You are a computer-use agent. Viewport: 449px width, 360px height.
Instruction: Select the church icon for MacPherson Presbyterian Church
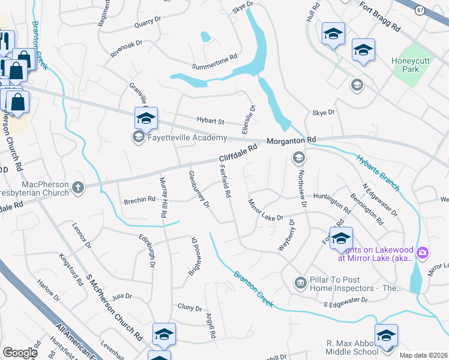pyautogui.click(x=77, y=188)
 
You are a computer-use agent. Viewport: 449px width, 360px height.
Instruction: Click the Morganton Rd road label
pyautogui.click(x=291, y=140)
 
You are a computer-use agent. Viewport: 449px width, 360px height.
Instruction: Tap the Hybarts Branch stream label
pyautogui.click(x=378, y=174)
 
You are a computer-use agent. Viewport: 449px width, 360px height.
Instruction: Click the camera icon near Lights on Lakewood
pyautogui.click(x=422, y=253)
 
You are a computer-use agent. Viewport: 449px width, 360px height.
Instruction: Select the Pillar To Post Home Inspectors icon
pyautogui.click(x=300, y=282)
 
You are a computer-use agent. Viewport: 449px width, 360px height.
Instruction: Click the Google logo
pyautogui.click(x=20, y=353)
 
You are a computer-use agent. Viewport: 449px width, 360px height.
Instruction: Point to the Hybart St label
pyautogui.click(x=210, y=121)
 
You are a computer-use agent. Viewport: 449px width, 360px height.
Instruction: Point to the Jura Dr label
pyautogui.click(x=121, y=296)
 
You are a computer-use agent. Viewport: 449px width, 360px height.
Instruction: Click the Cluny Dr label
pyautogui.click(x=190, y=308)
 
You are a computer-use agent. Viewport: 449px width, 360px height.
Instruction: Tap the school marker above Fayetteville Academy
pyautogui.click(x=146, y=118)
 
